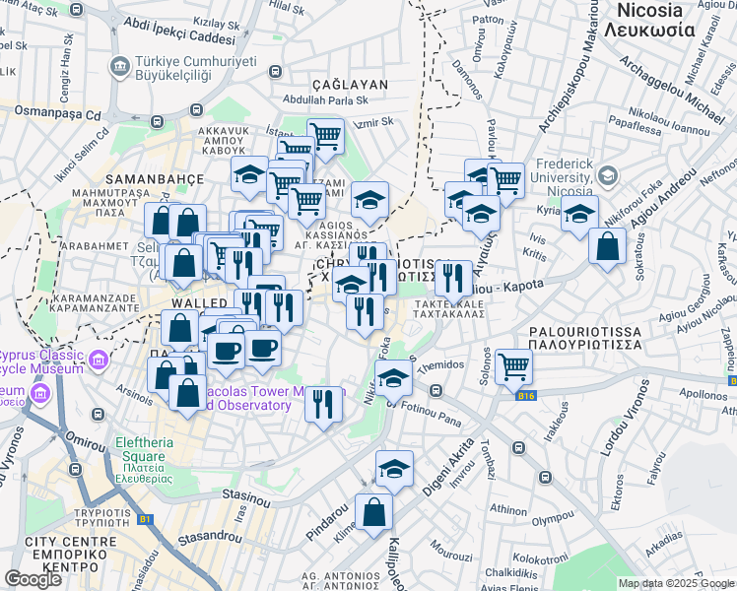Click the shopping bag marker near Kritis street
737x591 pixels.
pyautogui.click(x=607, y=246)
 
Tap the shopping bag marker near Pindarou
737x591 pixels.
pyautogui.click(x=373, y=512)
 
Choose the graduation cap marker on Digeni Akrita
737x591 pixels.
pyautogui.click(x=394, y=469)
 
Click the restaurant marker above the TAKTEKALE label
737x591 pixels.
pyautogui.click(x=453, y=278)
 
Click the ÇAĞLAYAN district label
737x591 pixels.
pyautogui.click(x=349, y=85)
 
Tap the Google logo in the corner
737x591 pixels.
pyautogui.click(x=33, y=579)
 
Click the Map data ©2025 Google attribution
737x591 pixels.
pyautogui.click(x=676, y=583)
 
